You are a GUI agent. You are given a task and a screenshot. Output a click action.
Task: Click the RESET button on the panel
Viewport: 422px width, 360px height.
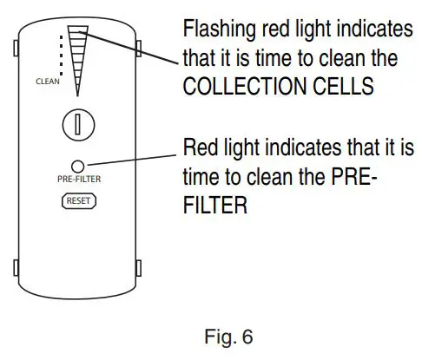pos(77,200)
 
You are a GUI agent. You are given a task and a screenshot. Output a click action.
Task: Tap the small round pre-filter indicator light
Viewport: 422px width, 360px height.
pos(77,166)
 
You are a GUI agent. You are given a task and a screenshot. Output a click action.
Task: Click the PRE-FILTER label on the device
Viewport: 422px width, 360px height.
pos(77,181)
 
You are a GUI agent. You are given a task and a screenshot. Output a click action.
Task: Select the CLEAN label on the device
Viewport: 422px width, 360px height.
pos(47,82)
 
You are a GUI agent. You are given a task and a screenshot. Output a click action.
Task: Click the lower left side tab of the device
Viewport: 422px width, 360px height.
pos(18,265)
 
